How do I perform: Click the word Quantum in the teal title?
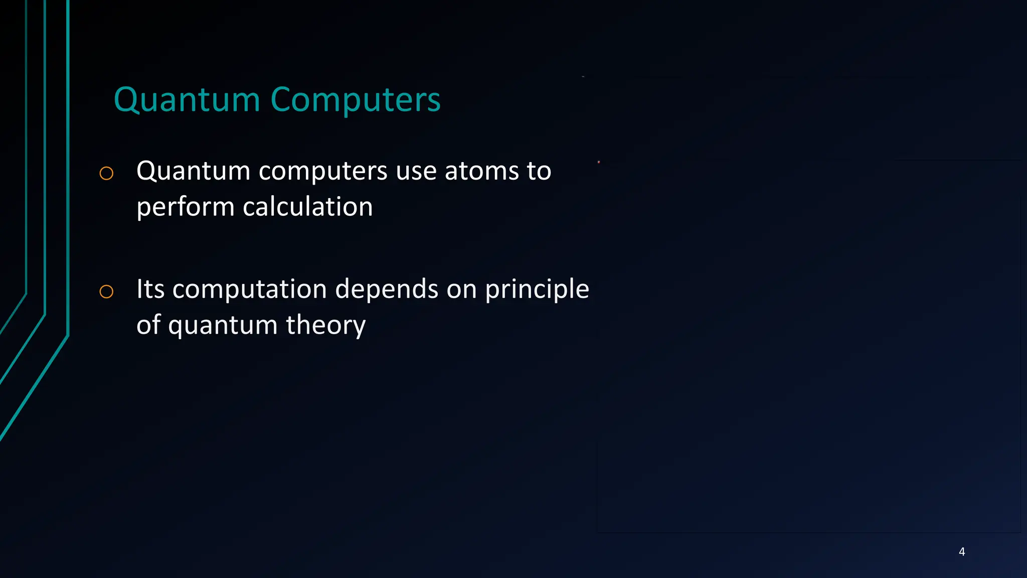[x=187, y=100]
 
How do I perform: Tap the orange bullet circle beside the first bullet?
[x=106, y=174]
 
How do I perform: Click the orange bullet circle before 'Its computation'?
[x=106, y=292]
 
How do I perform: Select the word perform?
[x=185, y=207]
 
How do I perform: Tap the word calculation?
[x=308, y=207]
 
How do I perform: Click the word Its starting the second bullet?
[x=150, y=289]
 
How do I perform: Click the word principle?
[x=537, y=290]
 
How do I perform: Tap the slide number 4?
[x=962, y=552]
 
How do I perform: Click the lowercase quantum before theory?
[x=223, y=325]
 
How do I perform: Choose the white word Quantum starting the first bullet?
[x=193, y=171]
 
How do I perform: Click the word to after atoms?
[x=539, y=171]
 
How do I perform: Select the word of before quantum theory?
[x=148, y=325]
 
